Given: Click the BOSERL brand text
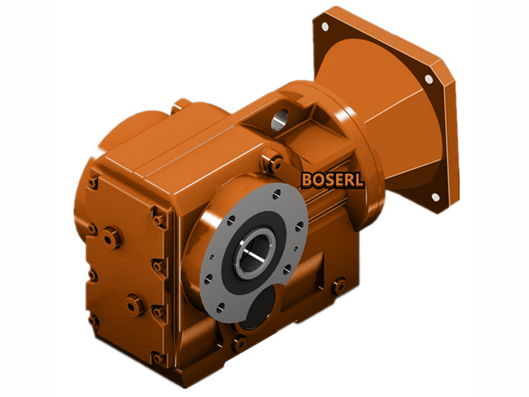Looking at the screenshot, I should [332, 180].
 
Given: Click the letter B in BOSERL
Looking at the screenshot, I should [307, 180].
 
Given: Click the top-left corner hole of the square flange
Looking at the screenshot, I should [325, 27].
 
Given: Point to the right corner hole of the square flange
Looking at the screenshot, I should [428, 79].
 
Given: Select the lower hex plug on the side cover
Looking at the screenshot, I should [135, 303].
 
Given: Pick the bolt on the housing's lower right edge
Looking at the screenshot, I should [339, 287].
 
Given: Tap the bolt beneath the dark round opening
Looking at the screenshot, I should [239, 343].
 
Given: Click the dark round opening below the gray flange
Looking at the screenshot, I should [256, 308].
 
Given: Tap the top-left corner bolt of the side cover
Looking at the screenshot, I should [94, 181].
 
